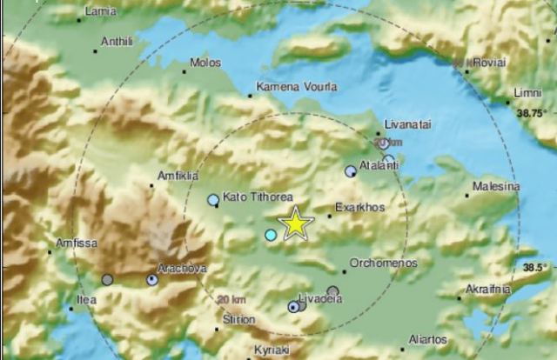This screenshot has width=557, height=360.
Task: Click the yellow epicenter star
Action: [296, 224]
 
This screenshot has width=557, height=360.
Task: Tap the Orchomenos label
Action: [383, 263]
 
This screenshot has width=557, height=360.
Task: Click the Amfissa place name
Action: [76, 243]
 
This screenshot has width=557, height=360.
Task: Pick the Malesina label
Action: [496, 186]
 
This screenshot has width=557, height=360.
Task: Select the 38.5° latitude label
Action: [534, 268]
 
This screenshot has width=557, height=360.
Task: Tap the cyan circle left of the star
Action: [271, 235]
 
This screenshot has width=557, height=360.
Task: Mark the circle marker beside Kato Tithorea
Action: [213, 200]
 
